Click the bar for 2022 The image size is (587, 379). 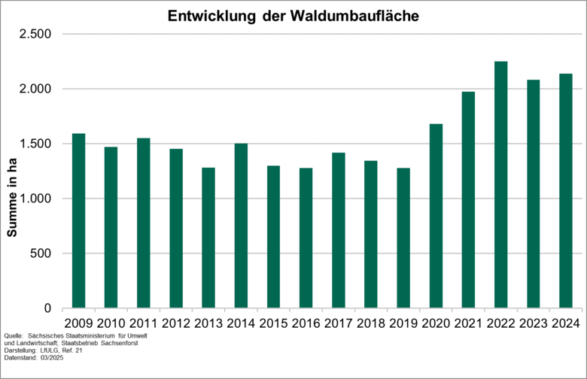pyautogui.click(x=500, y=185)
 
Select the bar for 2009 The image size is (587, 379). pyautogui.click(x=78, y=221)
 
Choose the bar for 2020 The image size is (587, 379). pyautogui.click(x=436, y=217)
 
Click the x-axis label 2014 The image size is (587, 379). pyautogui.click(x=241, y=323)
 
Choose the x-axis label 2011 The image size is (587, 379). pyautogui.click(x=144, y=323)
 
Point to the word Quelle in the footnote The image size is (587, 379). pyautogui.click(x=13, y=335)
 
